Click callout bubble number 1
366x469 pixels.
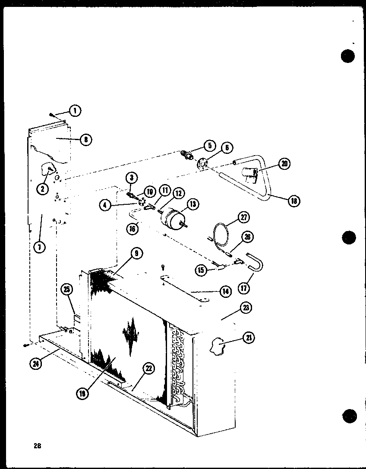75,111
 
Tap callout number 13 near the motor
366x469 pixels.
192,204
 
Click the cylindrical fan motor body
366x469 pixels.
171,217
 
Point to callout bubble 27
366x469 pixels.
244,217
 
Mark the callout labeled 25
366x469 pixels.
67,290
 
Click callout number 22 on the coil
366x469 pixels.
149,368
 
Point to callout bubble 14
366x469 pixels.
225,291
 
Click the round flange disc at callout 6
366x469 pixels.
201,164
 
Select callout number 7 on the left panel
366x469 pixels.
39,248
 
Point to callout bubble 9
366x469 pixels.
136,254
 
